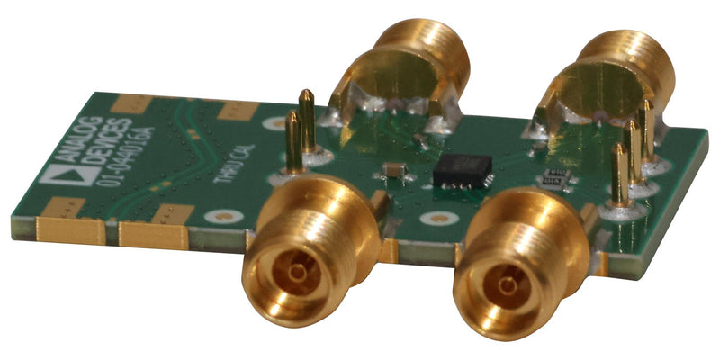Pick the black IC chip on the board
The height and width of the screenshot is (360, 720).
462,170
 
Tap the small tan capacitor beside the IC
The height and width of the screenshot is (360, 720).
392,169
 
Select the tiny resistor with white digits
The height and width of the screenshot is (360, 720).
551,179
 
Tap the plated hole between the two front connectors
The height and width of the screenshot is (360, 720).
439,218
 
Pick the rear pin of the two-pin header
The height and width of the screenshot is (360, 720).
307,121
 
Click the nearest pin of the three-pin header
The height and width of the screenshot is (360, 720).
619,180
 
